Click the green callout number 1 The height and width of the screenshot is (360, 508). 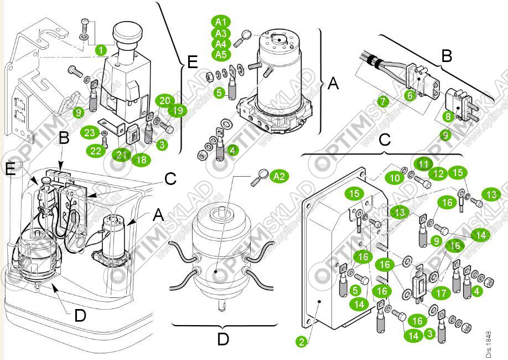tap(100, 49)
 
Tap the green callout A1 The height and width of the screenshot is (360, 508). tap(220, 22)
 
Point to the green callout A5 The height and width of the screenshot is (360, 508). tap(220, 54)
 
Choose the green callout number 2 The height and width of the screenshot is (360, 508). tap(302, 341)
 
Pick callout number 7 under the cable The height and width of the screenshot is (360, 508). tap(382, 101)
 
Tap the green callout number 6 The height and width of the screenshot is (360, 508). tap(409, 95)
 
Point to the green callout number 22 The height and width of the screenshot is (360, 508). tap(97, 151)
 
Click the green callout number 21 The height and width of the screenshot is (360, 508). tap(120, 153)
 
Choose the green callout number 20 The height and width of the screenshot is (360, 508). tap(164, 101)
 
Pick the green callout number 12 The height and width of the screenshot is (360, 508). tap(439, 174)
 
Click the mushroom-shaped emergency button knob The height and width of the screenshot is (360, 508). tap(129, 33)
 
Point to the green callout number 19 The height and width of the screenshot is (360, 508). tap(177, 110)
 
